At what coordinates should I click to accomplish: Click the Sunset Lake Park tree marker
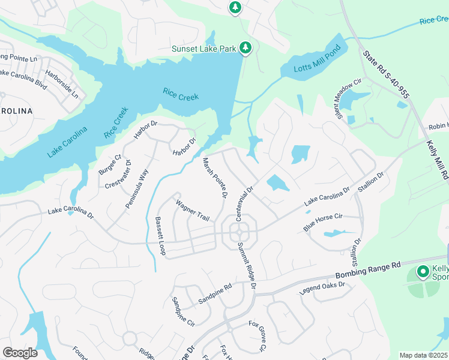pyautogui.click(x=245, y=47)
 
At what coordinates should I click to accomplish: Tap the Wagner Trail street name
pyautogui.click(x=192, y=211)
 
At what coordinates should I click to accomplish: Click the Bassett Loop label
pyautogui.click(x=160, y=236)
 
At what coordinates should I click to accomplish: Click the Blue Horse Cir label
pyautogui.click(x=322, y=222)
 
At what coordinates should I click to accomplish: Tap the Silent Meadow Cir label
pyautogui.click(x=348, y=93)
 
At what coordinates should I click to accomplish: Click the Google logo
pyautogui.click(x=20, y=353)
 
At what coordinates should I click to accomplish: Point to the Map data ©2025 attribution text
pyautogui.click(x=424, y=355)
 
